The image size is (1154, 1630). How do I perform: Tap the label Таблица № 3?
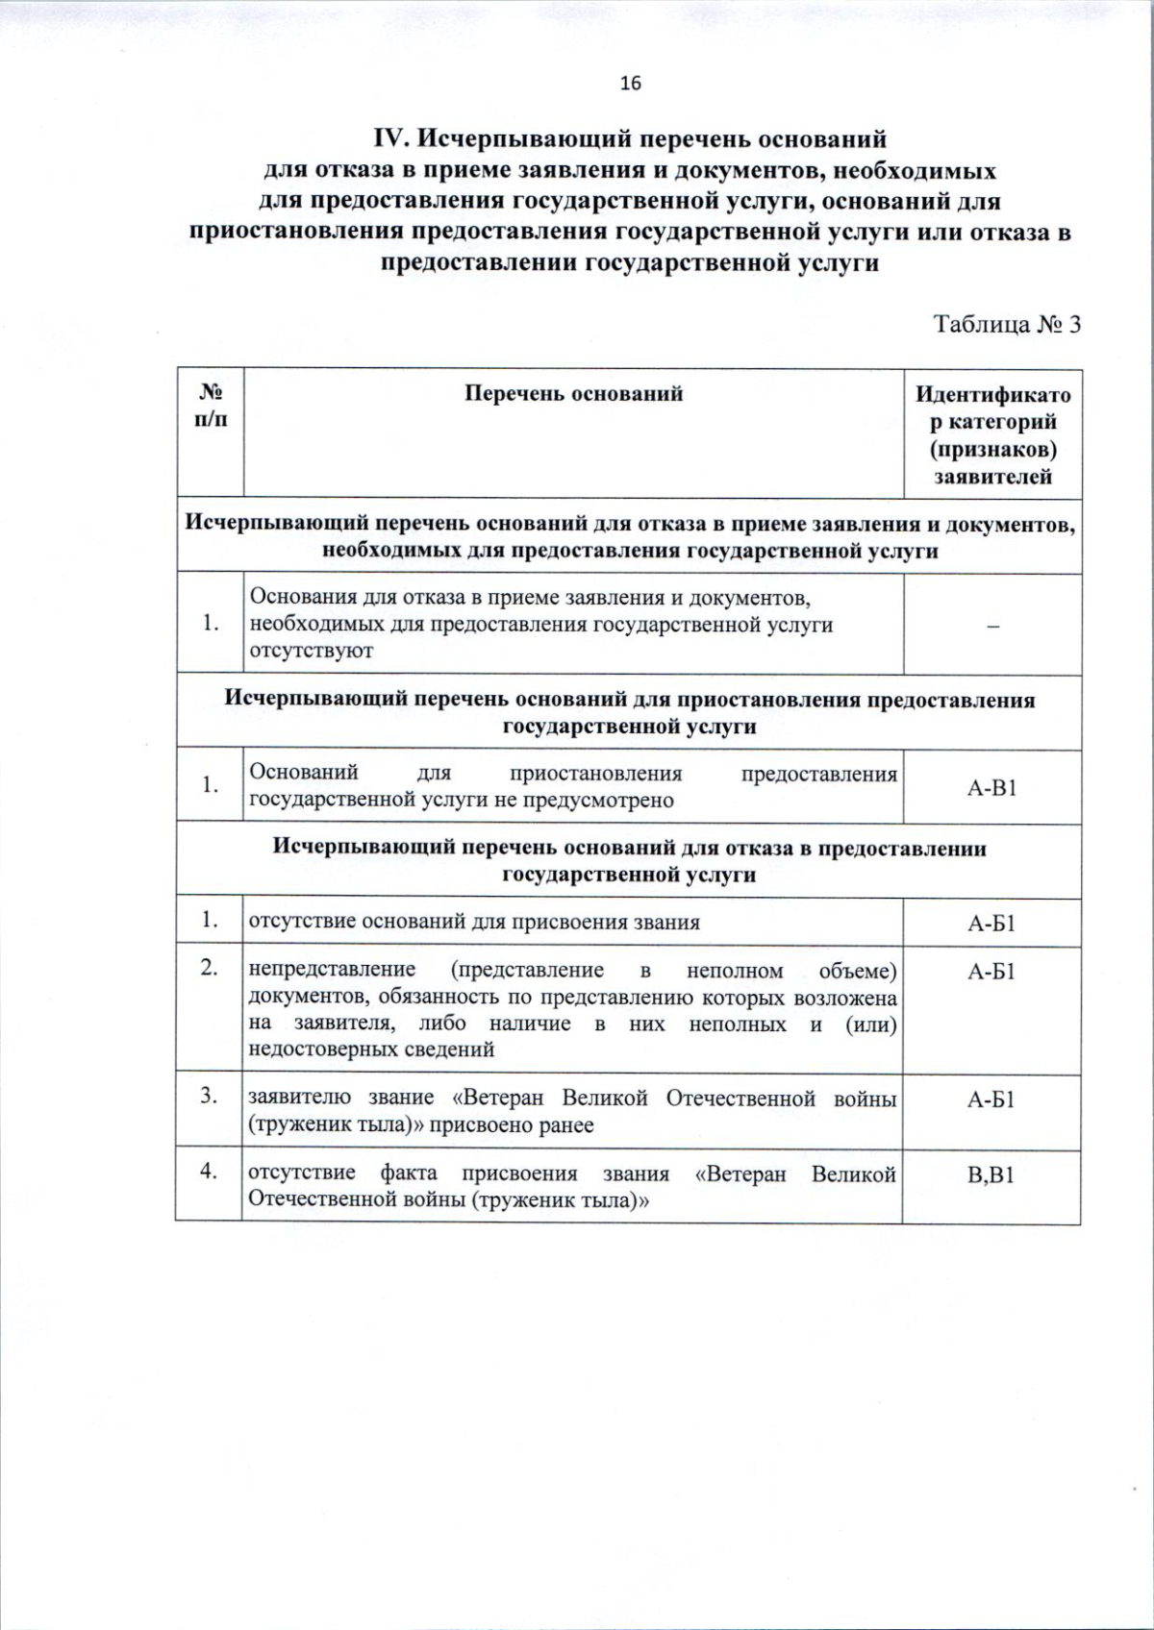tap(1008, 324)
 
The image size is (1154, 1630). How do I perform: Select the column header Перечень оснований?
tap(573, 393)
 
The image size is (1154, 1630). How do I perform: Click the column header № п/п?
tap(211, 406)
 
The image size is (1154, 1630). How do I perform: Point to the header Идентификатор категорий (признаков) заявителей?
tap(991, 434)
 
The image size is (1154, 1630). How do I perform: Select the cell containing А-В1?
tap(991, 787)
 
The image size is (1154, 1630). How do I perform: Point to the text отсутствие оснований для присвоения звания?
tap(474, 923)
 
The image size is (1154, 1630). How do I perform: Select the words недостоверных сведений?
tap(371, 1050)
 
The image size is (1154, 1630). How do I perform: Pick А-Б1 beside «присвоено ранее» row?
tap(991, 1099)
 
